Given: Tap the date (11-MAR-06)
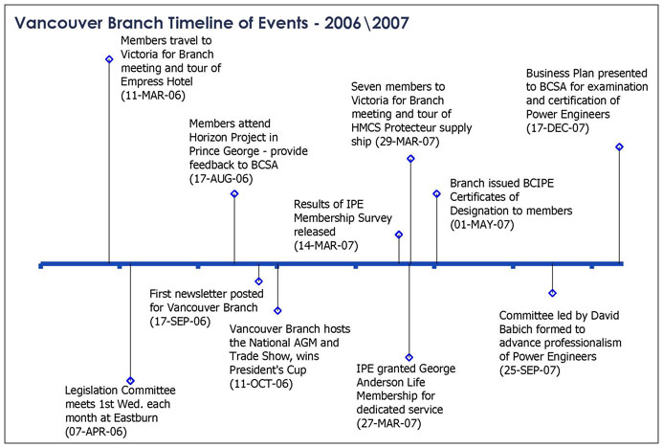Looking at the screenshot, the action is click(153, 96).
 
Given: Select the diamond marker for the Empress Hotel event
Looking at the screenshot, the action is click(109, 59).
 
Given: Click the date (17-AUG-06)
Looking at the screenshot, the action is click(221, 179).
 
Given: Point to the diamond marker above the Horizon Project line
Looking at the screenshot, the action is click(234, 193).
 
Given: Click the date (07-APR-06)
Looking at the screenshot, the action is click(96, 432).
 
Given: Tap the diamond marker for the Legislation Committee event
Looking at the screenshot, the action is click(130, 381).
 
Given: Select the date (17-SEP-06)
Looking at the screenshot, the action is click(180, 322).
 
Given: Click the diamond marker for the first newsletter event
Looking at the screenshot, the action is click(258, 281).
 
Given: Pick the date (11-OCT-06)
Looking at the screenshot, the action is click(261, 384).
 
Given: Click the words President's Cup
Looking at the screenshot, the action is click(268, 370).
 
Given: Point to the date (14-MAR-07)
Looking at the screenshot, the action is click(326, 246).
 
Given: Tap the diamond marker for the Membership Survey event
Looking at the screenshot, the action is click(399, 235).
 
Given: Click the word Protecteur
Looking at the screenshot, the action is click(413, 127).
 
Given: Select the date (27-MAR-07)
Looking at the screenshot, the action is click(388, 423).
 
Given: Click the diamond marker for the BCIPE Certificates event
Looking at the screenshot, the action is click(437, 193).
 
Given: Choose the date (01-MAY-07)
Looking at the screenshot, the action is click(482, 225).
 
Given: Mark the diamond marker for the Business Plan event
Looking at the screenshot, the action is click(619, 146).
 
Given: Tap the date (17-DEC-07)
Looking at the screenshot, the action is click(558, 128).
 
